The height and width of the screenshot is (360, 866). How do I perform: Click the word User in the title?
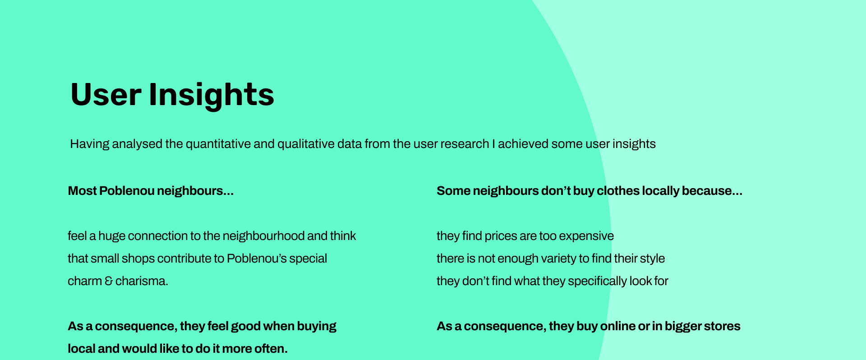[106, 94]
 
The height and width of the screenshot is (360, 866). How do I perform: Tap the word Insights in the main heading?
[212, 96]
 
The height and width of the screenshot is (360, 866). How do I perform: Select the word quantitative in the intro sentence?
[218, 144]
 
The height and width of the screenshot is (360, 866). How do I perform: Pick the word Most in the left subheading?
[82, 191]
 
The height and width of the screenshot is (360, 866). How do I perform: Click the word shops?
[138, 258]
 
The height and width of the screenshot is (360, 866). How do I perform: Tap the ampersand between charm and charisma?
[109, 281]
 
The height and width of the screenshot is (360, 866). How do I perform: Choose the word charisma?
[142, 281]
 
